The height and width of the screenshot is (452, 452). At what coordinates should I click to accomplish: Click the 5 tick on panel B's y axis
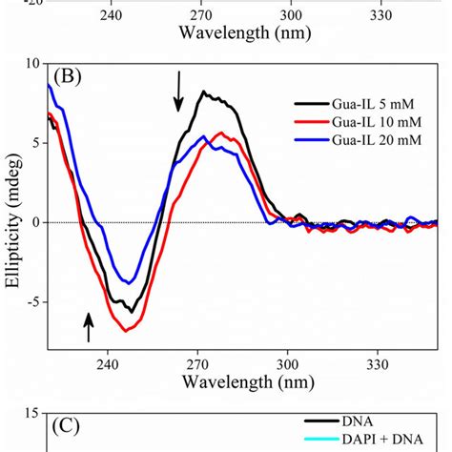pos(33,143)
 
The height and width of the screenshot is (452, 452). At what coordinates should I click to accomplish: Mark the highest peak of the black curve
pos(204,92)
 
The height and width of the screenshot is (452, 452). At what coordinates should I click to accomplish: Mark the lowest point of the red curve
pos(127,330)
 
